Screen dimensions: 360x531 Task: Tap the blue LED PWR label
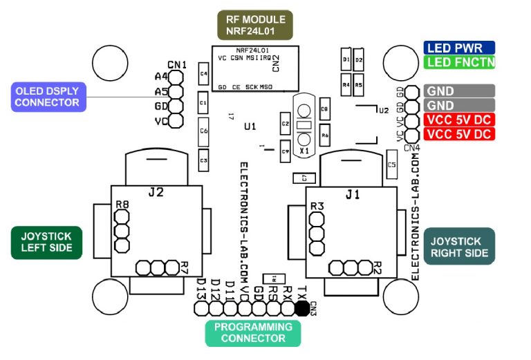(459, 48)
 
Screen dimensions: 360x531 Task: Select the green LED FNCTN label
(459, 63)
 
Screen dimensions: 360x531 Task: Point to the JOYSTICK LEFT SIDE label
(41, 242)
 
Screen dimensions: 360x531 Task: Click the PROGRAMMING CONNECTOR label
(253, 332)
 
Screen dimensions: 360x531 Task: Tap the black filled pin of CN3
(301, 308)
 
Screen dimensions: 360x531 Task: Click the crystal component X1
(303, 126)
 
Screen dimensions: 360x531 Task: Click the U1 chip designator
(250, 126)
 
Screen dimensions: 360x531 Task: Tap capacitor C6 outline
(203, 131)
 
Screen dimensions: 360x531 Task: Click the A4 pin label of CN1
(161, 76)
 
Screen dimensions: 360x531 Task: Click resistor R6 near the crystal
(324, 133)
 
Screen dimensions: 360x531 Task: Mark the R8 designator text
(122, 205)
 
